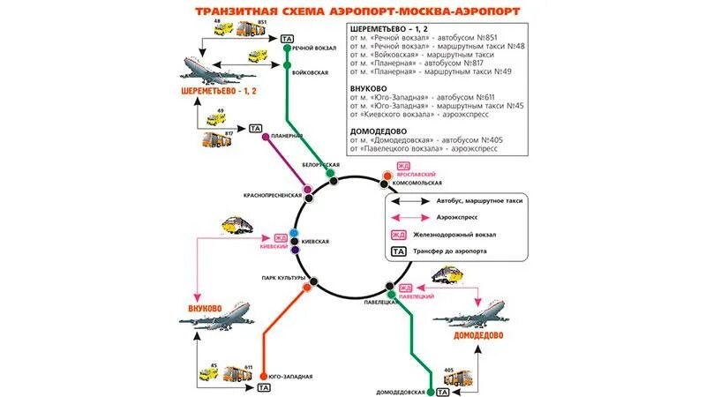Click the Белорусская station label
pos(320,165)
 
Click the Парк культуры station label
pos(283,279)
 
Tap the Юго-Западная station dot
pos(264,376)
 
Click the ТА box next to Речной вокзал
pos(286,39)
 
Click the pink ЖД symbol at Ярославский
pos(402,167)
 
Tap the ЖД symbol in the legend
pos(399,235)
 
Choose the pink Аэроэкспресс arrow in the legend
pos(409,217)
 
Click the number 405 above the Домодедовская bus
pos(448,370)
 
